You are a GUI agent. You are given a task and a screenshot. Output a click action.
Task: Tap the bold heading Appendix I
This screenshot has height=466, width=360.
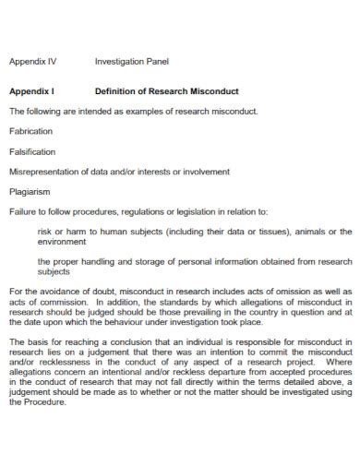pos(32,91)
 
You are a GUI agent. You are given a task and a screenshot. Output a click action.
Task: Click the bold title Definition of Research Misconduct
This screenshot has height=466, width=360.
pos(167,91)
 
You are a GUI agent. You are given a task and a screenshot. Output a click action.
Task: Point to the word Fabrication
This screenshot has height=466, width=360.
pos(30,131)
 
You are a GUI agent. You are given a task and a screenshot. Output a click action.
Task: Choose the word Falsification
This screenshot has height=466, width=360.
pos(32,151)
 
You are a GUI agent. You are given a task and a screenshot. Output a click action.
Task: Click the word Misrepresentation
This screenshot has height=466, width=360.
pos(45,172)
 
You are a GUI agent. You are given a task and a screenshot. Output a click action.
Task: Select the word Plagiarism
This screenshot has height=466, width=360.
pos(30,192)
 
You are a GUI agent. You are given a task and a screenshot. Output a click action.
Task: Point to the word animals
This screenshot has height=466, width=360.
pos(314,232)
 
